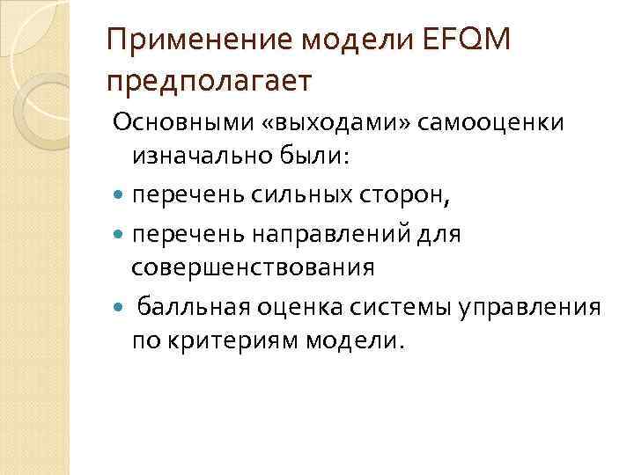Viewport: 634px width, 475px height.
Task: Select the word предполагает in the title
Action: point(209,83)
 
